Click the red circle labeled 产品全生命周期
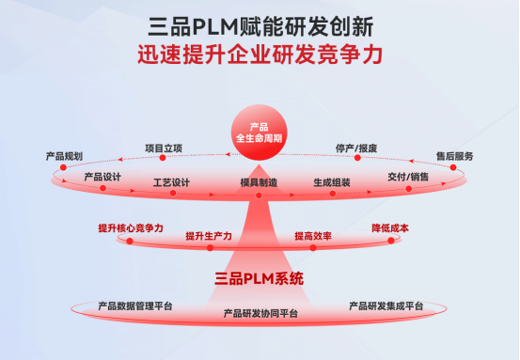259,133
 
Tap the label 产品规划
64,155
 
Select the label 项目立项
164,148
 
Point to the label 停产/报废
356,148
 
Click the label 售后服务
454,155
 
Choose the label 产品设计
103,176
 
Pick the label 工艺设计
171,182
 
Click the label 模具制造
259,182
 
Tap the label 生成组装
332,182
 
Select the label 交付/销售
408,176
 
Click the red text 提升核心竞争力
131,227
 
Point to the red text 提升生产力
209,235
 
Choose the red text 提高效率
312,235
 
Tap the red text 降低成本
390,227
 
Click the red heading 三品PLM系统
260,279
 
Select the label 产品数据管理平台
135,305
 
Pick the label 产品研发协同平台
260,313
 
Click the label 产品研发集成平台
386,305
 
